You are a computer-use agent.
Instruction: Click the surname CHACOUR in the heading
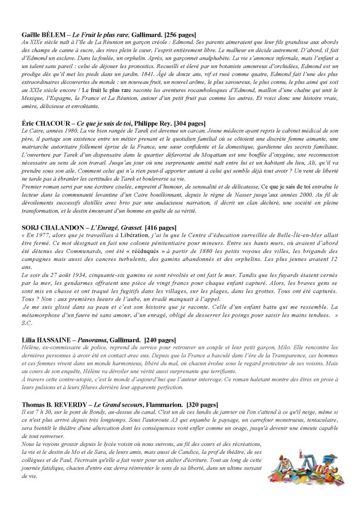pos(53,123)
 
